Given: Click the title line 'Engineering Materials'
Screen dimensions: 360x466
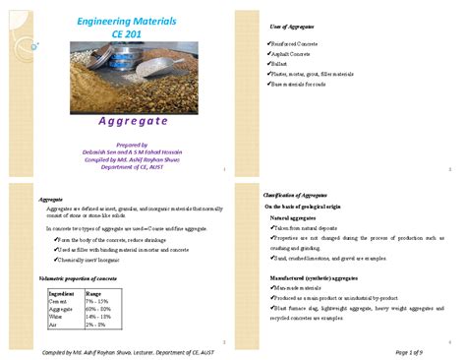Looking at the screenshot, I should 126,20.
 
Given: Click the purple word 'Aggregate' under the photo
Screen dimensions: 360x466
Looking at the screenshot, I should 126,123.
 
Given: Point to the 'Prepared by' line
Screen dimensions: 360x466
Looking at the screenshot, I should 126,144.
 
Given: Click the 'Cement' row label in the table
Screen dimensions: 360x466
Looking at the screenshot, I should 58,301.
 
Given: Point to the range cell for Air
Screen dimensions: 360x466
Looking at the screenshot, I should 97,323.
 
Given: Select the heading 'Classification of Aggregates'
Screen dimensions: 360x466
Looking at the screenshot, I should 305,196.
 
